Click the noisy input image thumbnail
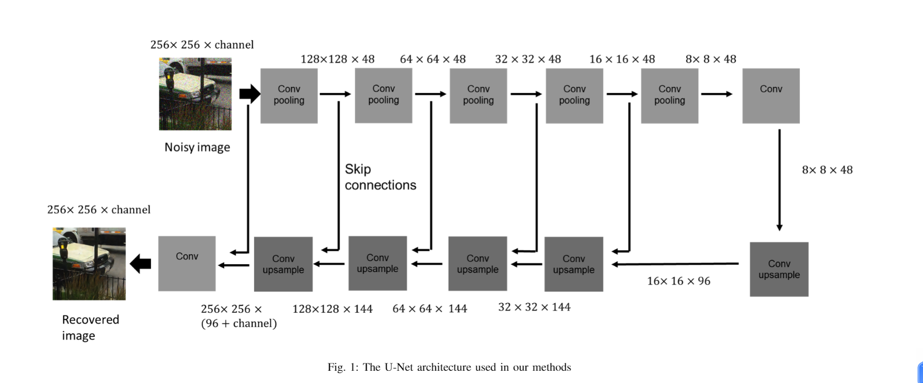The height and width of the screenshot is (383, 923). click(x=195, y=94)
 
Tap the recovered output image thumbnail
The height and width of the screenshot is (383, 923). click(x=89, y=264)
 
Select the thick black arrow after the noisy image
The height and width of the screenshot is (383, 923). click(x=249, y=94)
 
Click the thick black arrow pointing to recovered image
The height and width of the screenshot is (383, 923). click(x=140, y=263)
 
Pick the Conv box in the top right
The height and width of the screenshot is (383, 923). click(x=771, y=96)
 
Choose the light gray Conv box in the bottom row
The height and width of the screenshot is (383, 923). click(x=187, y=263)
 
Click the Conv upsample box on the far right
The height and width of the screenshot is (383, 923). click(x=779, y=269)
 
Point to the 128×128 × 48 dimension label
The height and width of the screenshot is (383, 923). click(x=337, y=59)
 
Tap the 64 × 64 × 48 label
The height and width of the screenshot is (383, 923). click(x=433, y=59)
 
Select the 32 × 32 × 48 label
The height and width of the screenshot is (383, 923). click(x=528, y=59)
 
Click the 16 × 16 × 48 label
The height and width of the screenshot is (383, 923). click(x=622, y=59)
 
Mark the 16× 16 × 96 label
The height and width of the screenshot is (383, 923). click(x=678, y=281)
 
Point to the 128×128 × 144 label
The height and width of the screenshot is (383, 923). click(x=332, y=309)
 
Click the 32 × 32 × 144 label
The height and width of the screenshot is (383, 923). click(x=534, y=307)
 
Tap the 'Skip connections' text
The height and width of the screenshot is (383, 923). click(x=380, y=177)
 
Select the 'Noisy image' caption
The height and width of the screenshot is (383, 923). click(x=197, y=147)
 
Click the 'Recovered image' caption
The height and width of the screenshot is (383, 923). click(x=90, y=327)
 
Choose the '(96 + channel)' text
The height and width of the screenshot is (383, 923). click(x=239, y=323)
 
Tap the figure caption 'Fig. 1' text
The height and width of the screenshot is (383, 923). click(x=449, y=367)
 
